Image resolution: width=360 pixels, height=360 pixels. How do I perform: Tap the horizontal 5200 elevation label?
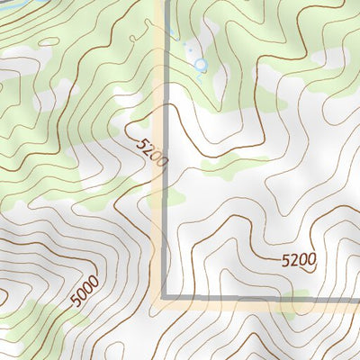(298, 261)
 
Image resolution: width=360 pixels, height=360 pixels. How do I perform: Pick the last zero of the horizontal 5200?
(311, 261)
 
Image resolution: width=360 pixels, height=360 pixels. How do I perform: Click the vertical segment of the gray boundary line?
(166, 180)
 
